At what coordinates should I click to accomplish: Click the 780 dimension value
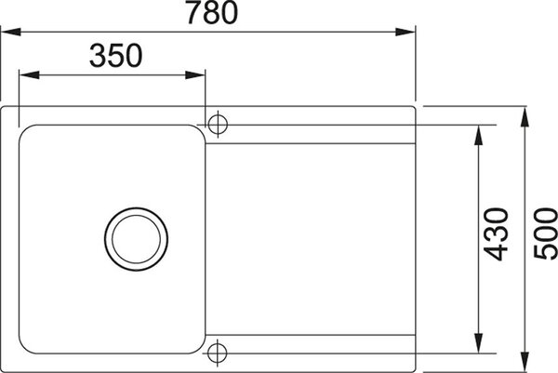point(212,12)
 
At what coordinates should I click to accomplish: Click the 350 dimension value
point(116,56)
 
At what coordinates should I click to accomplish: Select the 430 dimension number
point(496,234)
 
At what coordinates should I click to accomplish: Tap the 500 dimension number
point(546,234)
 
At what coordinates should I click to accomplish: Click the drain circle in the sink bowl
point(137,239)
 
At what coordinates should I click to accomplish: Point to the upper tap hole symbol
point(218,125)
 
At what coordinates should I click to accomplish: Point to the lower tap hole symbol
point(217,353)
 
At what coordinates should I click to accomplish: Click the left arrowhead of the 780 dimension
point(10,32)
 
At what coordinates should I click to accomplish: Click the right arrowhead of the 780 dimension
point(405,32)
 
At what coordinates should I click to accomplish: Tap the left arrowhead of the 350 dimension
point(29,75)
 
